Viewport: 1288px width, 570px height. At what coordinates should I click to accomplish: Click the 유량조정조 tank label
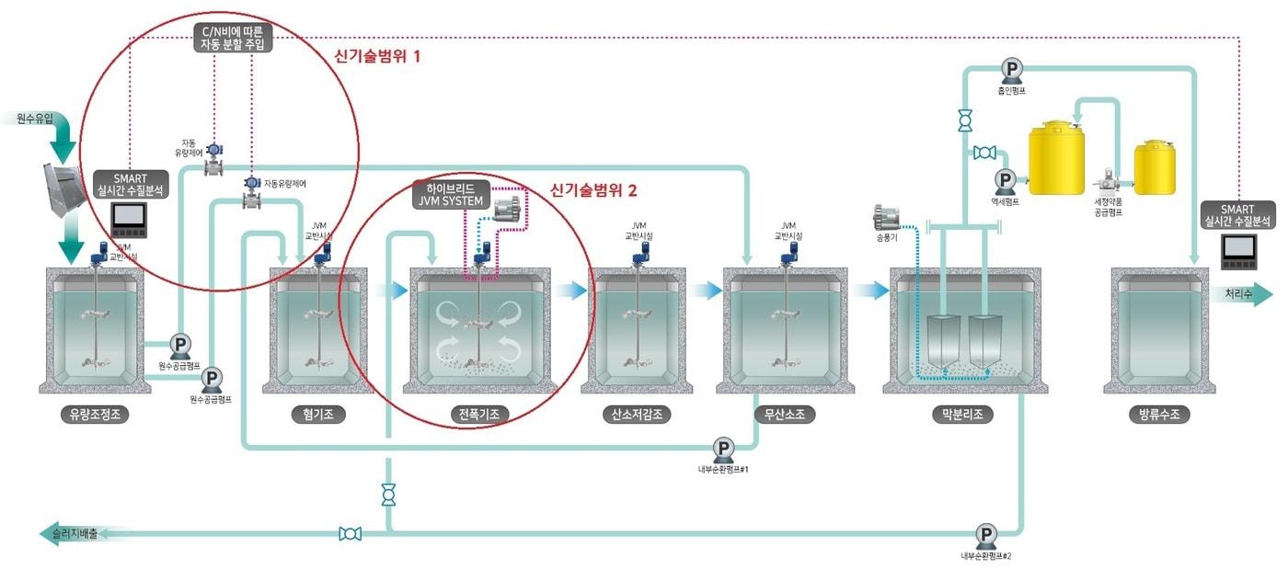(x=94, y=415)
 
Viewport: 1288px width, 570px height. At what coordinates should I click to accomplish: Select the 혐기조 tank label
(x=318, y=415)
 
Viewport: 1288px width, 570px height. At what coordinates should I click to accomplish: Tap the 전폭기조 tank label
(x=479, y=415)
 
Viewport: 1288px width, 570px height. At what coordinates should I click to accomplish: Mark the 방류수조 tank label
(x=1159, y=415)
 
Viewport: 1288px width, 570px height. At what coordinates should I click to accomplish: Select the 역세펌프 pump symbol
(x=1005, y=179)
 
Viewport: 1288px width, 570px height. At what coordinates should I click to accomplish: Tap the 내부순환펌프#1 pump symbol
(x=724, y=449)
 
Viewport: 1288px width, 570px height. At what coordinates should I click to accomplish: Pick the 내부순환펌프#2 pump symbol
(x=986, y=534)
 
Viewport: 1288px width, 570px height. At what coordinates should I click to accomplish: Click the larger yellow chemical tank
(x=1056, y=158)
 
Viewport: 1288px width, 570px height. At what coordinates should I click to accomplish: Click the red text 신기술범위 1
(x=377, y=56)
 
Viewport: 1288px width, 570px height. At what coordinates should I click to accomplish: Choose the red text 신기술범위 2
(x=593, y=191)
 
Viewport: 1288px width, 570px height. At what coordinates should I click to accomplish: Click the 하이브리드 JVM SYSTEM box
(x=449, y=195)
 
